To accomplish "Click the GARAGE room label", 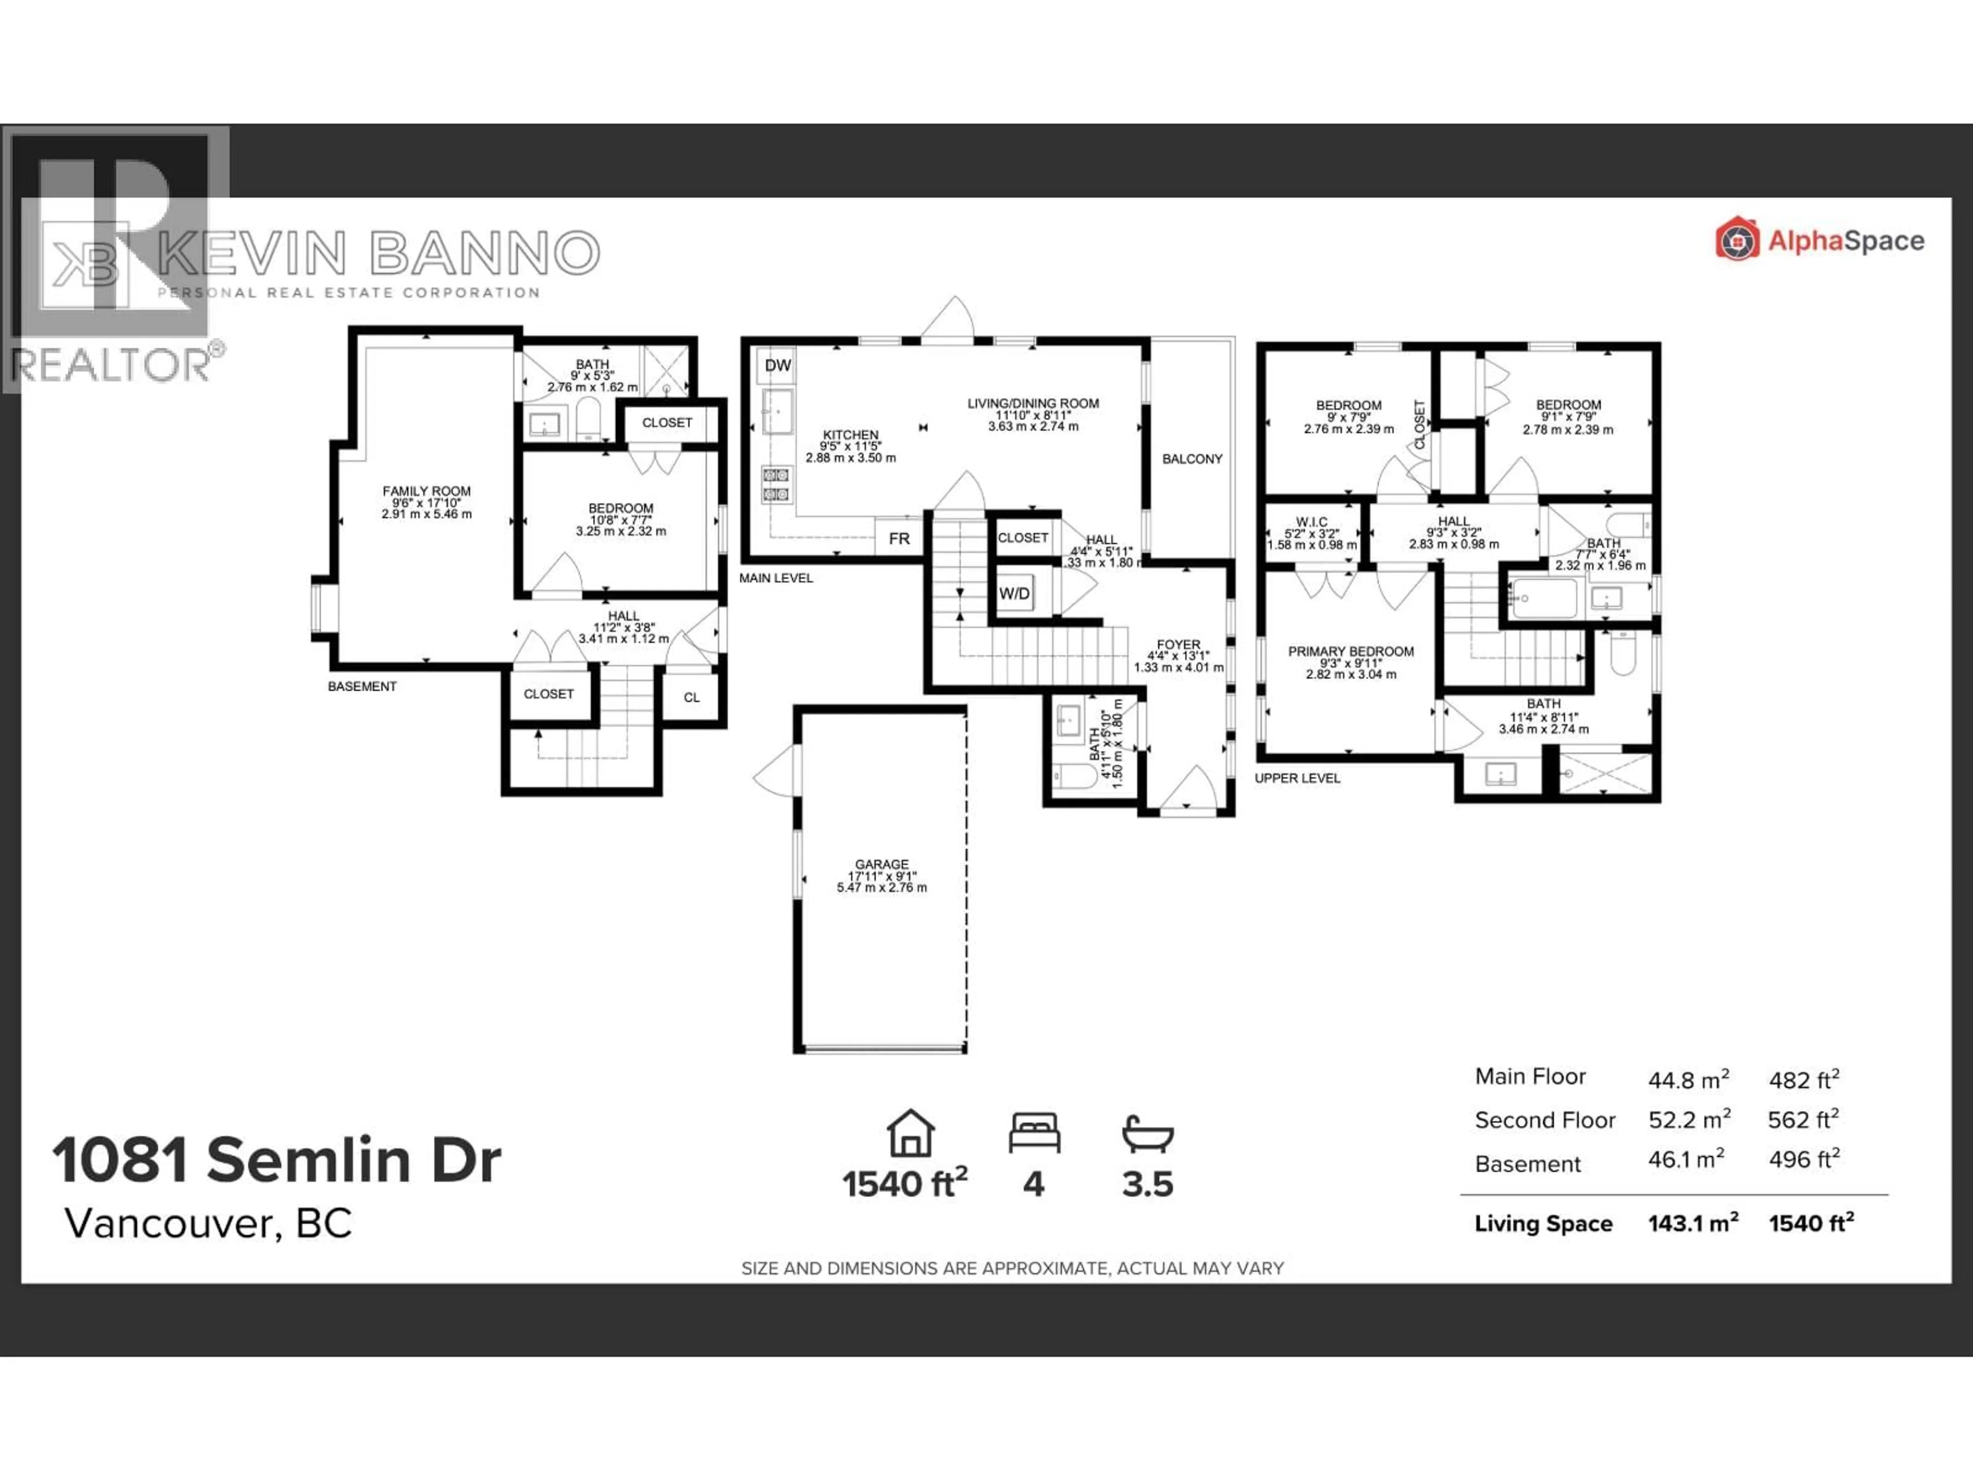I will [881, 864].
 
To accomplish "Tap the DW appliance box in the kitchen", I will [778, 365].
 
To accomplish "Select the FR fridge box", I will [899, 539].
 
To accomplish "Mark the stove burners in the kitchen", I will [775, 485].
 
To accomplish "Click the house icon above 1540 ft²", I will [910, 1133].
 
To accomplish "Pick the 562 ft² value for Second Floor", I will [1802, 1120].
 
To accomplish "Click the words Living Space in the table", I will [1543, 1224].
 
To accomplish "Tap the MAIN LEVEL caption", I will [776, 578].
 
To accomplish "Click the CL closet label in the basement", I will [692, 698].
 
